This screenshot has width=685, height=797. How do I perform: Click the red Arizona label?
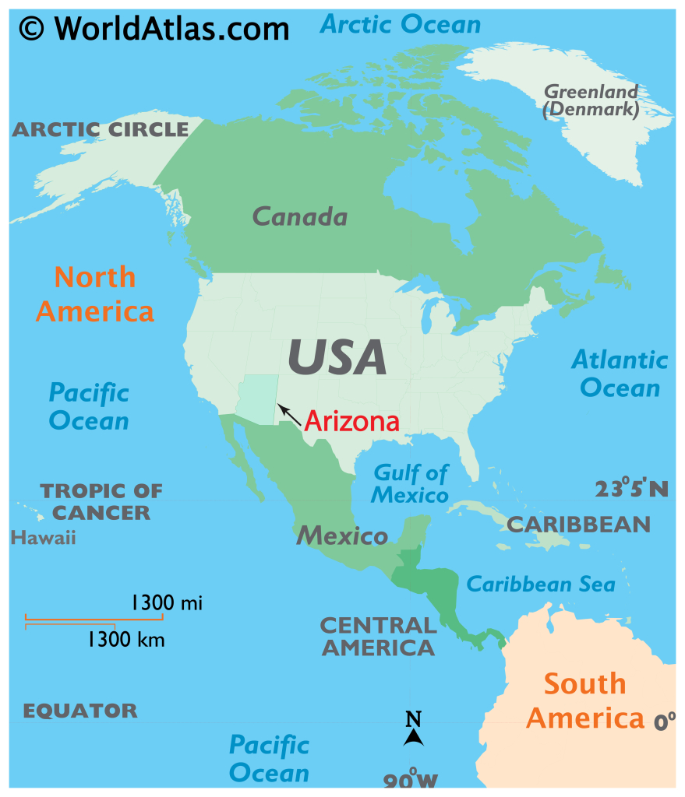coord(351,421)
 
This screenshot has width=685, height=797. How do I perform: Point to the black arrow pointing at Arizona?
coord(289,414)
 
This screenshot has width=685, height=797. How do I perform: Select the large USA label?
coord(337,356)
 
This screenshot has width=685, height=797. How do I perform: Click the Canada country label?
coord(300,216)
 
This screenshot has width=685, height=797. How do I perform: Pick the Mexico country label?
coord(342,535)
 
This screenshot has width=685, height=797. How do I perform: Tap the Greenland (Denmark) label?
coord(591,101)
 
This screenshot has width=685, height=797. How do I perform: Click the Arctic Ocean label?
coord(401,24)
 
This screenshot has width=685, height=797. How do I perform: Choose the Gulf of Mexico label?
coord(411,483)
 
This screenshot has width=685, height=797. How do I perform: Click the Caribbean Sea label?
coord(540,584)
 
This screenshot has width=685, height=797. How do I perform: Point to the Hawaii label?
coord(44,537)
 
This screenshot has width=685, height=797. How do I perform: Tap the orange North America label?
coord(95,294)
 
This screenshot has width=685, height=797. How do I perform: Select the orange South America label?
coord(584,700)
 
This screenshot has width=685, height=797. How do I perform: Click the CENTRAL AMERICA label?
coord(378,636)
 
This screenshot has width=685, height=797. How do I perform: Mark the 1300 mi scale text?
coord(167,602)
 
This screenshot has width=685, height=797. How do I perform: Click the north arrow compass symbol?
coord(413,729)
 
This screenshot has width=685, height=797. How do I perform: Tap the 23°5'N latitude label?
coord(631,488)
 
